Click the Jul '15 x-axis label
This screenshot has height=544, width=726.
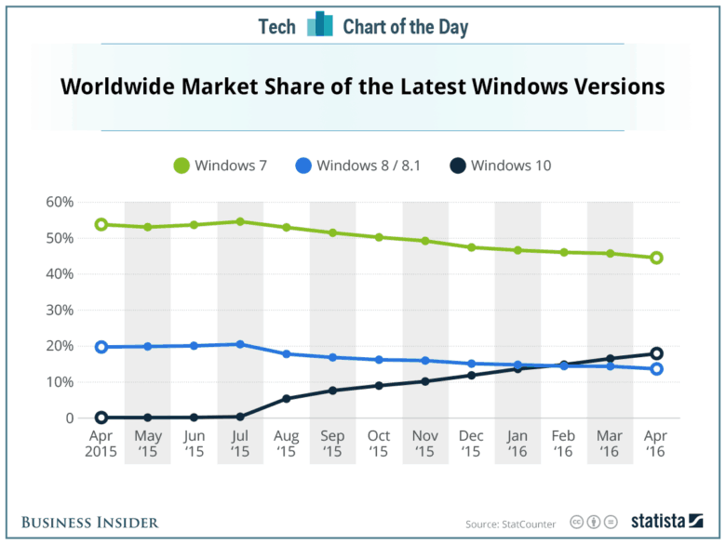(240, 443)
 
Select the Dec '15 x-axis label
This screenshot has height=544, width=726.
(471, 443)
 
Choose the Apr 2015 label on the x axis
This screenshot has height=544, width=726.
(101, 443)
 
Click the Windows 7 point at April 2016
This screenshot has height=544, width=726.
(656, 258)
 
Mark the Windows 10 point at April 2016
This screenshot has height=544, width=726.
(656, 353)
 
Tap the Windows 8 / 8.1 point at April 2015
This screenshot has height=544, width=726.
(101, 347)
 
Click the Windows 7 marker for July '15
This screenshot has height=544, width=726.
(240, 221)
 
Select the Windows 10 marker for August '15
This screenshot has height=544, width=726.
(287, 399)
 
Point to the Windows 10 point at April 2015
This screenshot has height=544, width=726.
(101, 418)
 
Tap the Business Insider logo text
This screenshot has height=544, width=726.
(90, 523)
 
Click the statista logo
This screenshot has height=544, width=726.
(667, 522)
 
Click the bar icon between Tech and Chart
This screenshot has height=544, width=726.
(319, 25)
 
